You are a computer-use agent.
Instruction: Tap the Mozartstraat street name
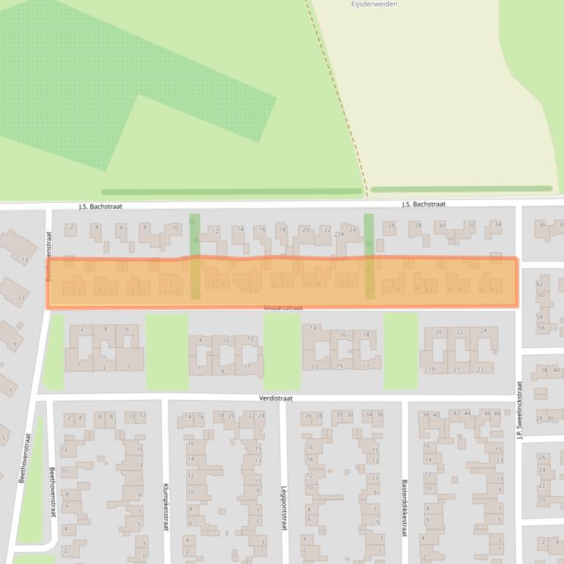click(x=283, y=308)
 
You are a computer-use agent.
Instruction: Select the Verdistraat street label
click(x=276, y=399)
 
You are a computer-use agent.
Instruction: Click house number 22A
click(x=338, y=234)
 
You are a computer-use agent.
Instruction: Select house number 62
click(x=541, y=284)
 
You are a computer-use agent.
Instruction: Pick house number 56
click(x=541, y=327)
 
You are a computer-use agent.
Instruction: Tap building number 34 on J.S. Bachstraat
click(x=498, y=224)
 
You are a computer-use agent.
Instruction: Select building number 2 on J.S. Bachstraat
click(x=71, y=228)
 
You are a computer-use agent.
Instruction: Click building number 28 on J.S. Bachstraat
click(x=418, y=225)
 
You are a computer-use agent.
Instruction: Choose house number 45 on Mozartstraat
click(x=450, y=290)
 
